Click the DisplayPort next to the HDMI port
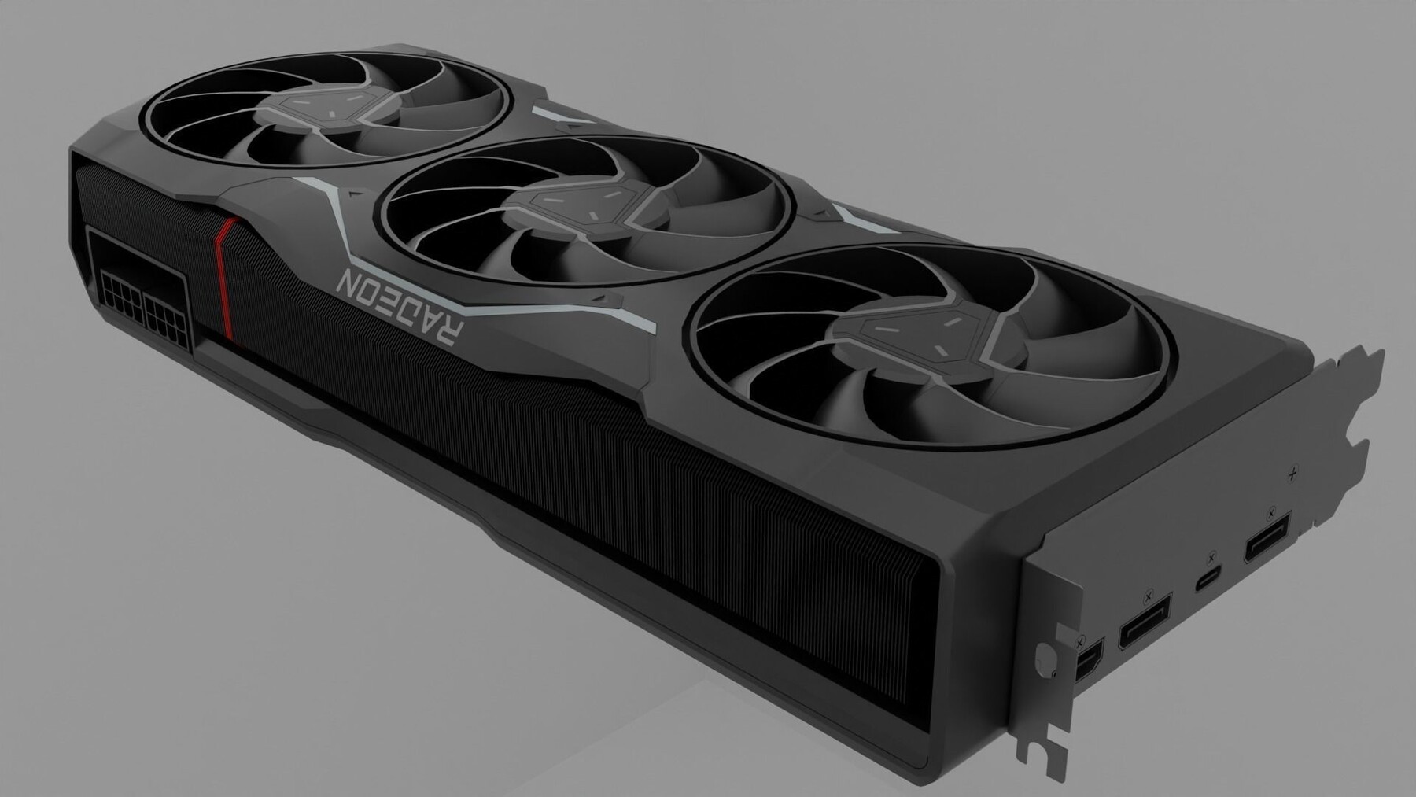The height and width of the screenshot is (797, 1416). (1144, 621)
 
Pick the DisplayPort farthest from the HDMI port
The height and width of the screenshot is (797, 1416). (1267, 538)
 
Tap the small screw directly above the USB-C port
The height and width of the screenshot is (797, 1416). (1211, 555)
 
